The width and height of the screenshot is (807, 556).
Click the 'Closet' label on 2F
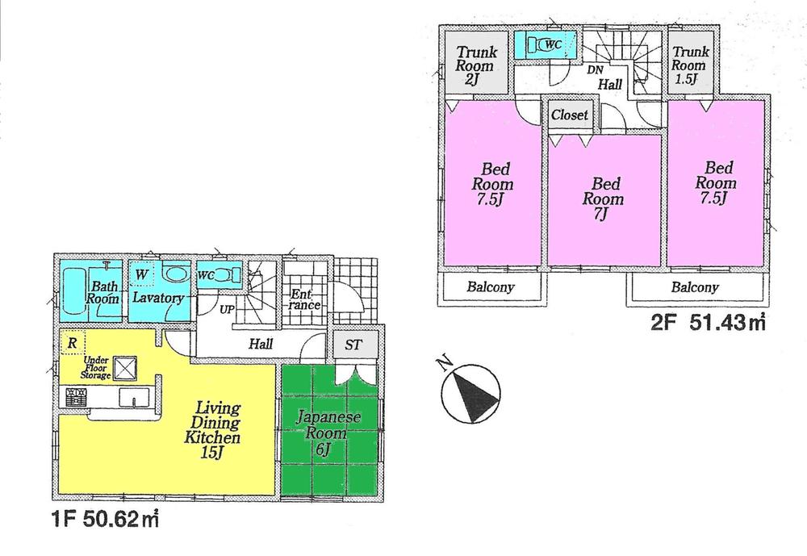tap(570, 115)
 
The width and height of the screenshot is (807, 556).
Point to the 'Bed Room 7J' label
tap(603, 199)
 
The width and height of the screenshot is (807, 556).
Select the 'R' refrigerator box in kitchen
tap(73, 342)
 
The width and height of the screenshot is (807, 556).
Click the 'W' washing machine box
tap(142, 274)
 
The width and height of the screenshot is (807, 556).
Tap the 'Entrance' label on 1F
tap(305, 299)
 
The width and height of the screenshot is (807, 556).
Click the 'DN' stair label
tap(595, 70)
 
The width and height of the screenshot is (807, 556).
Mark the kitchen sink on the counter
tap(132, 397)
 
